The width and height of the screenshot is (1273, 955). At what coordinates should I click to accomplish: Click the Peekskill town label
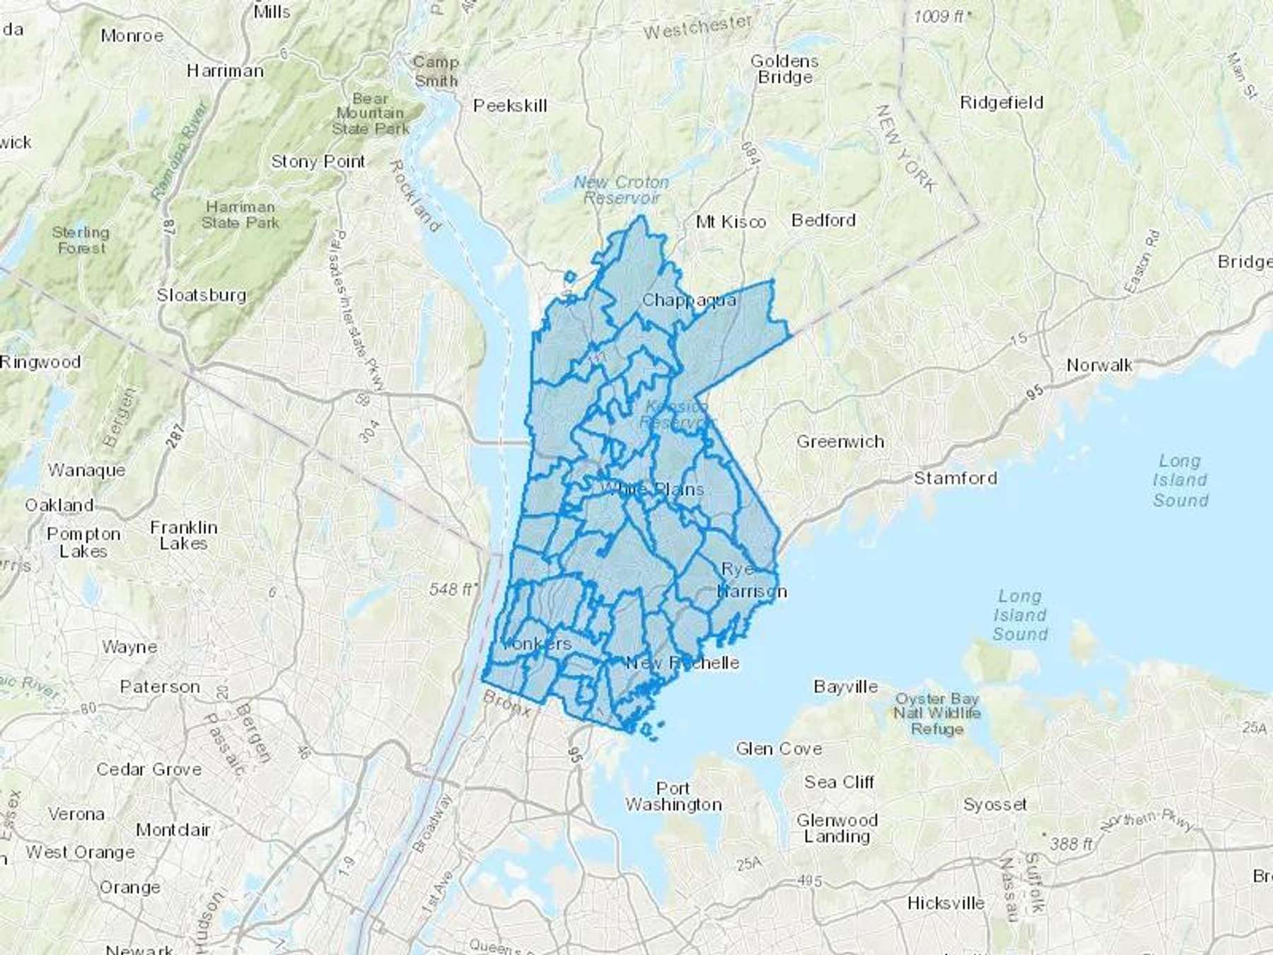click(510, 106)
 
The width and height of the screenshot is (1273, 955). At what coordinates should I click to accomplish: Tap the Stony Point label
click(318, 162)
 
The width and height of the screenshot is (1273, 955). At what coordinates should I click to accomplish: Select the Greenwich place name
click(840, 442)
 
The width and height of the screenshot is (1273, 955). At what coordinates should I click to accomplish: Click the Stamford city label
click(955, 478)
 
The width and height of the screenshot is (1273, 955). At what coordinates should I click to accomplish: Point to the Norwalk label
click(1099, 365)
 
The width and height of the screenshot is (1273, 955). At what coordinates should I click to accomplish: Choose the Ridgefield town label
click(1001, 103)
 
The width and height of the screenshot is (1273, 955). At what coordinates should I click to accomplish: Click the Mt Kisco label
click(731, 222)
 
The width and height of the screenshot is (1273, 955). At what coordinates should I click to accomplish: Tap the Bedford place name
click(823, 221)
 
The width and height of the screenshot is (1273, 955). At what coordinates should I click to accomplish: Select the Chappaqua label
click(689, 301)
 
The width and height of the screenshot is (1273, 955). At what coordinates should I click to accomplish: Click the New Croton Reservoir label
click(621, 190)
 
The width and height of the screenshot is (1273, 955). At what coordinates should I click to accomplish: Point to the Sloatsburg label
click(202, 295)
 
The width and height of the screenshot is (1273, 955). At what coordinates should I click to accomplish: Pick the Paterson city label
click(160, 687)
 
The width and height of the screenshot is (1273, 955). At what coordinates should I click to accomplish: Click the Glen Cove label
click(779, 748)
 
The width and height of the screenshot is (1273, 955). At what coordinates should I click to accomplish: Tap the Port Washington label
click(673, 797)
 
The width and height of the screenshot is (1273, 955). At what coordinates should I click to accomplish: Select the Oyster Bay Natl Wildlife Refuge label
click(937, 714)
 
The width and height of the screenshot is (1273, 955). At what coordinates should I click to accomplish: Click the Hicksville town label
click(946, 903)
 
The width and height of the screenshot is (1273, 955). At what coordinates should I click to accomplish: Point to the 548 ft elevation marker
click(453, 589)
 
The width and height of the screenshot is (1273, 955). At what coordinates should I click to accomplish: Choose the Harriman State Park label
click(240, 215)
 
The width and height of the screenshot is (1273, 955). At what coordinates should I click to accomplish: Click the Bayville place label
click(846, 687)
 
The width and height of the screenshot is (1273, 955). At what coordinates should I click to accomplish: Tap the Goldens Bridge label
click(784, 69)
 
